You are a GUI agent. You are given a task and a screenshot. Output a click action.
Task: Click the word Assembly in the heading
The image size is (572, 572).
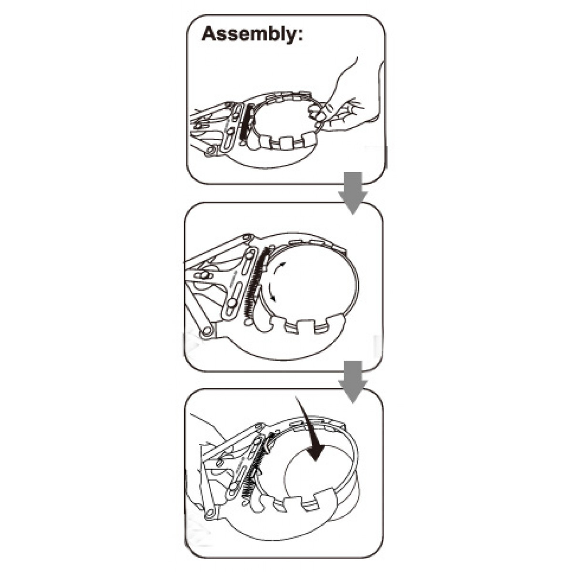[x=249, y=34]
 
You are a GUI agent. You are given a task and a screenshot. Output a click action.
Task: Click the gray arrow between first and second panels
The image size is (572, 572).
[x=353, y=193]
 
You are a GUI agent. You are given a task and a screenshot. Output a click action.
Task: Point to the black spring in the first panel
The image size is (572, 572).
[x=247, y=122]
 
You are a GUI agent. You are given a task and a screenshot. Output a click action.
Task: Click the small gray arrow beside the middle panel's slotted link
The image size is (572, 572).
[x=235, y=274]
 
